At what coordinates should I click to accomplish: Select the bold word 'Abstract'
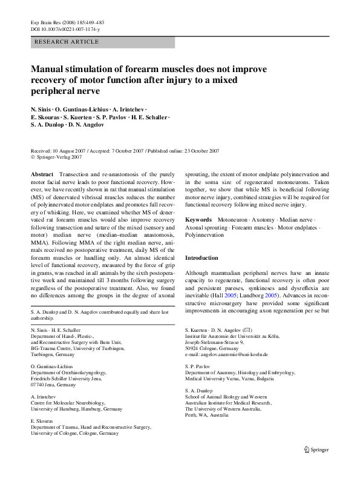pos(41,173)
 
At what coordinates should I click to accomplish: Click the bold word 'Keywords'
pos(198,218)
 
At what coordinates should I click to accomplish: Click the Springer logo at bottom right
pos(317,466)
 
